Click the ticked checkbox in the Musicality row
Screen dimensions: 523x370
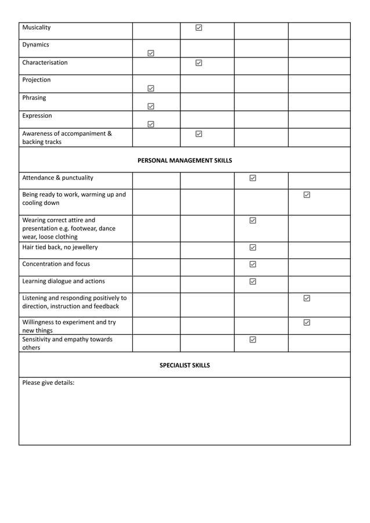pyautogui.click(x=199, y=27)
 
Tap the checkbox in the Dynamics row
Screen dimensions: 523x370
pyautogui.click(x=151, y=53)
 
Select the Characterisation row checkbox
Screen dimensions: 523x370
pyautogui.click(x=199, y=63)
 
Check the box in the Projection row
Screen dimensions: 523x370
pyautogui.click(x=151, y=88)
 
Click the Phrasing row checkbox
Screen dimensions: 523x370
pyautogui.click(x=151, y=106)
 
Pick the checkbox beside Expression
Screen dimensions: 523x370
pyautogui.click(x=151, y=124)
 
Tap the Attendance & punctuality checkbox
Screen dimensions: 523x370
pyautogui.click(x=253, y=178)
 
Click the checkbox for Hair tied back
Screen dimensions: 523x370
pyautogui.click(x=253, y=247)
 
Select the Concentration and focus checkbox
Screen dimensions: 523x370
pyautogui.click(x=253, y=264)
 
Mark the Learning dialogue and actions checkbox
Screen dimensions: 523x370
pyautogui.click(x=253, y=282)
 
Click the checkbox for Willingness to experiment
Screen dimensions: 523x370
pyautogui.click(x=307, y=322)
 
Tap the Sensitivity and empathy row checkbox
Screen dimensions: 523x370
pyautogui.click(x=253, y=340)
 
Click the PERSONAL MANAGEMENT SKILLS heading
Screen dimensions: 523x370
pyautogui.click(x=184, y=160)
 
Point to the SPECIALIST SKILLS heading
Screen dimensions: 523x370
pyautogui.click(x=184, y=365)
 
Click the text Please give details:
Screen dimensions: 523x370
pyautogui.click(x=48, y=383)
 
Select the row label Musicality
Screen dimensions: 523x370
pyautogui.click(x=37, y=27)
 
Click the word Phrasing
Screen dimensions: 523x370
pyautogui.click(x=34, y=98)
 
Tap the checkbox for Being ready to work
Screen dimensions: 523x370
pyautogui.click(x=307, y=195)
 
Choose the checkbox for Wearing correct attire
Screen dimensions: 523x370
pyautogui.click(x=253, y=221)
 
